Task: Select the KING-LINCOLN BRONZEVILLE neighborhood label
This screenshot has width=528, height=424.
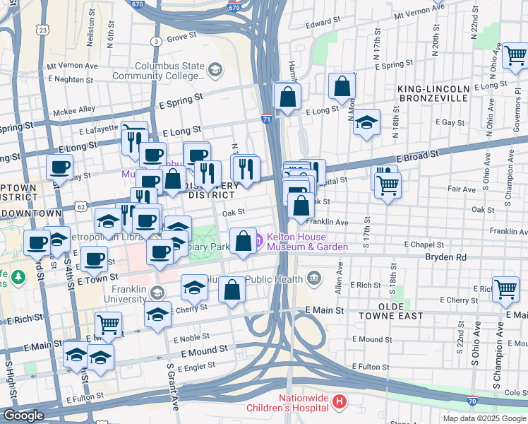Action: click(x=433, y=93)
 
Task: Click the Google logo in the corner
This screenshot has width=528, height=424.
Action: click(x=23, y=416)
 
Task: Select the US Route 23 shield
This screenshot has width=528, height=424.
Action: click(x=43, y=30)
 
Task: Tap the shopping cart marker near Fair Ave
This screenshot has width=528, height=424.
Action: click(x=387, y=185)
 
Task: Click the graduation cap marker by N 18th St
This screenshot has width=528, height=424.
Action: click(x=366, y=122)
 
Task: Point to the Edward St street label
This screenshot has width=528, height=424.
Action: click(x=323, y=23)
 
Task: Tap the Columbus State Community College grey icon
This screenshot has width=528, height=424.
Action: click(x=214, y=69)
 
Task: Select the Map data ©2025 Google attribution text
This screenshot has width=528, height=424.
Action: click(x=484, y=418)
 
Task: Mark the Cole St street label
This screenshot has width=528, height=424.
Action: click(x=515, y=392)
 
